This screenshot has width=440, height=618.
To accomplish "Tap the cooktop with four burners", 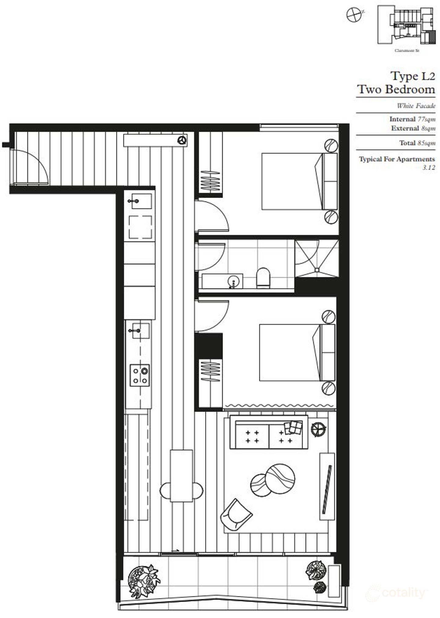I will pos(140,375).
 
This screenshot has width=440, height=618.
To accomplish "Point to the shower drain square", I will pos(317,270).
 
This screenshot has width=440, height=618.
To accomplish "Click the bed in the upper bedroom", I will pos(292,181).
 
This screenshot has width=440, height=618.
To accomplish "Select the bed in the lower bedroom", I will pos(290,352).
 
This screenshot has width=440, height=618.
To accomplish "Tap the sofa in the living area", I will pos(269,433).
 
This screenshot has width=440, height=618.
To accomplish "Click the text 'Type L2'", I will pos(413,76).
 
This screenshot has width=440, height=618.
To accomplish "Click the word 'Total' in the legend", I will pos(407,143).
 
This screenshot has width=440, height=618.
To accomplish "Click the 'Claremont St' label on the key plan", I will pos(406,50).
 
